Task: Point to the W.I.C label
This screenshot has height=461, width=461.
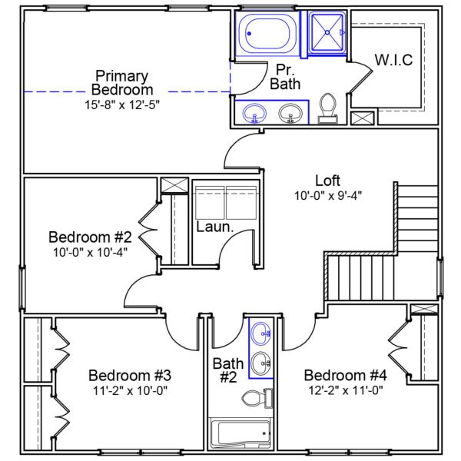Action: pyautogui.click(x=394, y=59)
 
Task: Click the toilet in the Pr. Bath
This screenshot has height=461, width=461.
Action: pyautogui.click(x=327, y=108)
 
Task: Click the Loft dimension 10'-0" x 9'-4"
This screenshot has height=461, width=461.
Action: pyautogui.click(x=328, y=195)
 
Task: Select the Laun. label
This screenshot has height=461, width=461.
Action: pyautogui.click(x=211, y=227)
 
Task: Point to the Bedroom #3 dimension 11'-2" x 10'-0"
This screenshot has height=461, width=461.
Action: pyautogui.click(x=129, y=390)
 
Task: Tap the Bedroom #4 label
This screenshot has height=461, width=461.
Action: pyautogui.click(x=344, y=375)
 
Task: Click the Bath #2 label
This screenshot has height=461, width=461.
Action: pyautogui.click(x=228, y=370)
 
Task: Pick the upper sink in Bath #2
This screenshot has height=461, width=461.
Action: pyautogui.click(x=261, y=333)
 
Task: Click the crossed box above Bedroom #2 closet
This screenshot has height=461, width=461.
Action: pyautogui.click(x=174, y=185)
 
